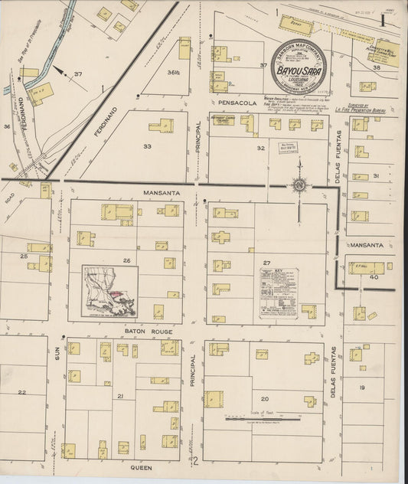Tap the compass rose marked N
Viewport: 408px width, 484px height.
tap(299, 185)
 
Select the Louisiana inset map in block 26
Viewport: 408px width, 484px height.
tap(110, 292)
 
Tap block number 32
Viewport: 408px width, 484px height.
tap(260, 148)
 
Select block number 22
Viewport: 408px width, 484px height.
tap(22, 392)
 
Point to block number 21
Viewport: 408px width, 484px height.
tap(120, 396)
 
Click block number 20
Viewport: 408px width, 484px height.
tap(265, 398)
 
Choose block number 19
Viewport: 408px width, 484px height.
tap(361, 388)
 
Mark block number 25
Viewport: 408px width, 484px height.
tap(24, 256)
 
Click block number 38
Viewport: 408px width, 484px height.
tap(376, 68)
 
